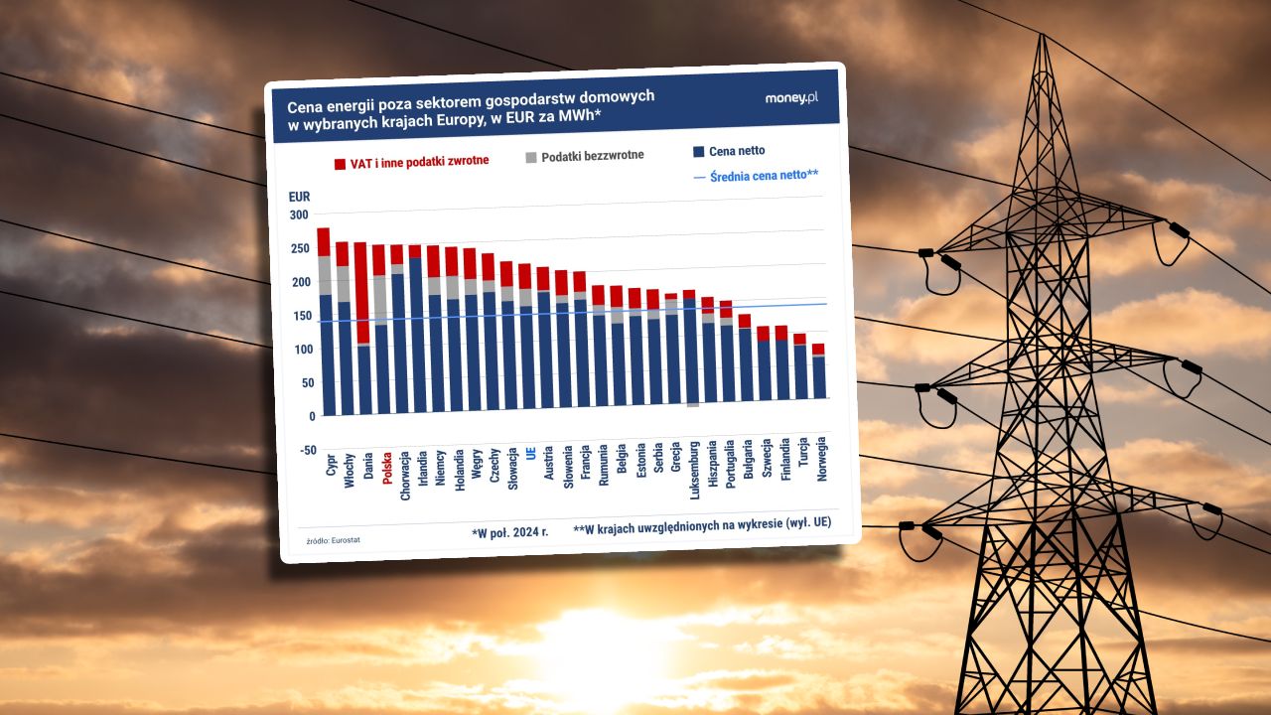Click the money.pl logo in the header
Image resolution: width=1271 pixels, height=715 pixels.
791,97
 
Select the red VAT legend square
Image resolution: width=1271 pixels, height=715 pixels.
340,163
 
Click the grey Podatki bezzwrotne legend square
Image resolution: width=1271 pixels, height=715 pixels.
531,157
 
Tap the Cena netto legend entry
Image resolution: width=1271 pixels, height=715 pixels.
730,151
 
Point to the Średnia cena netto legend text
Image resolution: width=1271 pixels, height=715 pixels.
764,176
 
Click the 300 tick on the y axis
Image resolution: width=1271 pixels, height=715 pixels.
299,214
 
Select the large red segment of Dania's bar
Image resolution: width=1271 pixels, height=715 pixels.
361,293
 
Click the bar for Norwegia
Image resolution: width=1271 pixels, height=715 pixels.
818,375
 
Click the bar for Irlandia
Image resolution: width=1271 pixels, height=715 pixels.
415,333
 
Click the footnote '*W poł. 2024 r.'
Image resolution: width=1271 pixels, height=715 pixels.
510,533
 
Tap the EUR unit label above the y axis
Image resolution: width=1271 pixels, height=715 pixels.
299,197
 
